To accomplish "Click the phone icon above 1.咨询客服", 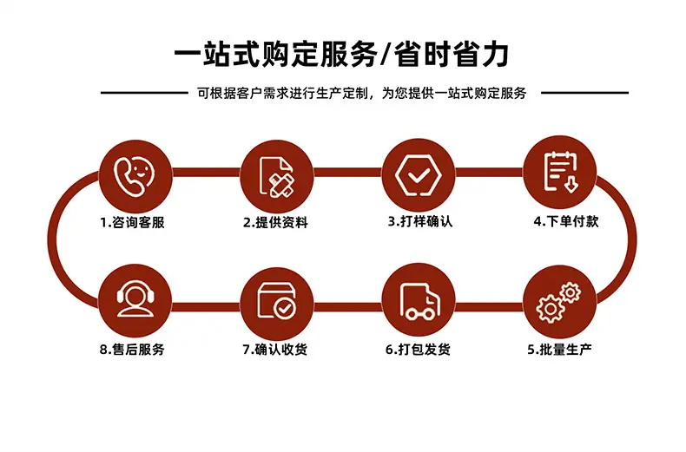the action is [x=135, y=177].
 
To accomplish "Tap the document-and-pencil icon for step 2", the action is [x=276, y=177].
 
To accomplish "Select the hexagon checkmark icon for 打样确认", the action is [x=419, y=175].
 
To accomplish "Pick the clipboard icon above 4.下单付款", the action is [x=561, y=172].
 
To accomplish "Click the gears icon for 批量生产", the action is [x=558, y=303].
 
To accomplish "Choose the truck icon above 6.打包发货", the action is [x=419, y=302].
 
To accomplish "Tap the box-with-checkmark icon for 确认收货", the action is [x=276, y=300].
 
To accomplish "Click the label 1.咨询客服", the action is [x=132, y=222].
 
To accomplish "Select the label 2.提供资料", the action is [x=275, y=222].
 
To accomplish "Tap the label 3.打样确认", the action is [x=420, y=221].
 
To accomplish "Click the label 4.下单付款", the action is [x=565, y=221].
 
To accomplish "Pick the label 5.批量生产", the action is [x=559, y=350].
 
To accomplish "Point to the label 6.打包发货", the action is [x=418, y=350].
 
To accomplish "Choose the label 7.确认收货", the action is [x=275, y=350].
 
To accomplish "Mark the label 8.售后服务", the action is [x=132, y=350].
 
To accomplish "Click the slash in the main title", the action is [x=386, y=55].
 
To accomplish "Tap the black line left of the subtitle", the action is [x=144, y=93].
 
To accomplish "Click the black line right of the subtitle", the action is [x=585, y=93].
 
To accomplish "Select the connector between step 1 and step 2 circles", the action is [x=206, y=173].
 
